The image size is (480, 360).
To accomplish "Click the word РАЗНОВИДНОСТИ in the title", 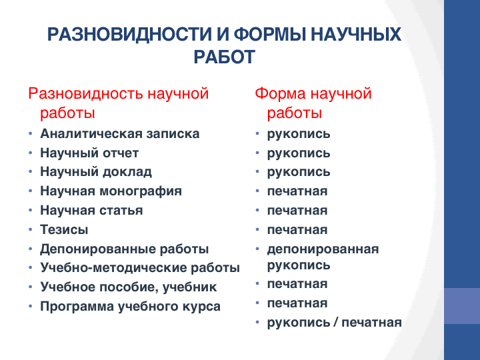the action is [129, 34].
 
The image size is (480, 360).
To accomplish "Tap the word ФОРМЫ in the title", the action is [270, 34].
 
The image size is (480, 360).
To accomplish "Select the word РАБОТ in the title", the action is [225, 57].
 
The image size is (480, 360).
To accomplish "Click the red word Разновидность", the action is [85, 94].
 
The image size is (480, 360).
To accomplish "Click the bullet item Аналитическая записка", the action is [120, 134].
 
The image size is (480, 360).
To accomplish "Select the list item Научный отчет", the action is [89, 153].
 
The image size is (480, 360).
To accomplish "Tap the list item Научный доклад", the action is [96, 172].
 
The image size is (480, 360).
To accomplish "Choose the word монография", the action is [141, 191].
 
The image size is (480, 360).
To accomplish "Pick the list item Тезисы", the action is [64, 229].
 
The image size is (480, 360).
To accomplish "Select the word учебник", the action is [189, 287].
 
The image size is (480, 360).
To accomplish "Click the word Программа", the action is [77, 307].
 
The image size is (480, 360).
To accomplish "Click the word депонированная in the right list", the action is [323, 249].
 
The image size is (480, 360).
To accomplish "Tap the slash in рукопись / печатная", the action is [336, 323].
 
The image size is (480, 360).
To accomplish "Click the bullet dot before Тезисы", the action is [30, 229].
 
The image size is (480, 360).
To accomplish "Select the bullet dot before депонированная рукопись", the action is [257, 249].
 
